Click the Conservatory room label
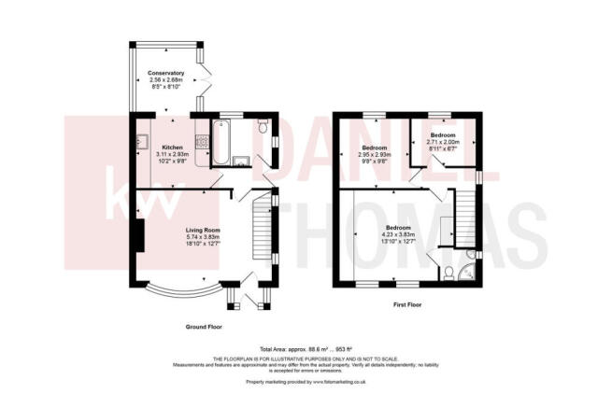click(164, 73)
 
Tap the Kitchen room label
click(172, 147)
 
